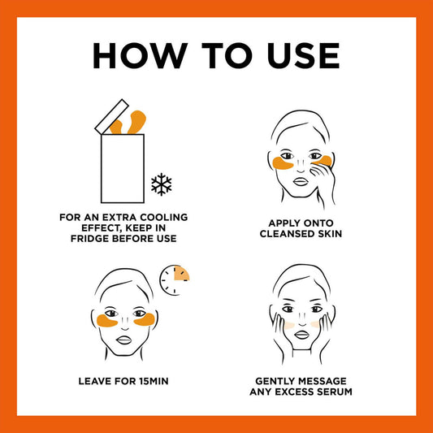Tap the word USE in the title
[303, 55]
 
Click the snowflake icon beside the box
[162, 184]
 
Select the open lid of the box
[112, 117]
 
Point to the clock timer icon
[174, 280]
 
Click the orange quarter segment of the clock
[181, 274]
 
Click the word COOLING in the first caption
[164, 218]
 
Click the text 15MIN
[154, 381]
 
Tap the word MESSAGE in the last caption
[322, 381]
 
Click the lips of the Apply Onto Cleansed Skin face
[301, 181]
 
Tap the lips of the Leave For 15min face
[123, 340]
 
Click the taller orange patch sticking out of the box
[136, 122]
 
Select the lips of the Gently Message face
[302, 335]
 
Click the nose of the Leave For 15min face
[125, 323]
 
